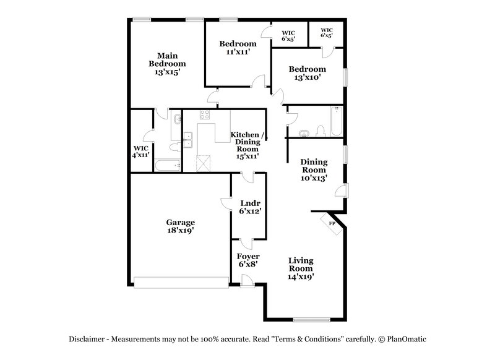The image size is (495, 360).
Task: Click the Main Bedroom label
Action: [167, 64]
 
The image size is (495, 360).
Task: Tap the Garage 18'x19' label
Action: [180, 226]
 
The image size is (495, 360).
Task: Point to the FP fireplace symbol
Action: [331, 223]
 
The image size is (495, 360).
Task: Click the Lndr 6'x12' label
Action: [249, 207]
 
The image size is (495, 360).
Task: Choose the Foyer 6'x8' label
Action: [247, 260]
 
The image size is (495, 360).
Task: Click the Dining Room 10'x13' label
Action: [314, 170]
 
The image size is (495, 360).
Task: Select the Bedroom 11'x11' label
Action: [238, 48]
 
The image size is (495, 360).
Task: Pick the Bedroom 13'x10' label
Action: [308, 73]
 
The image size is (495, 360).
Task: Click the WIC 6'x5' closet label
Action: [288, 35]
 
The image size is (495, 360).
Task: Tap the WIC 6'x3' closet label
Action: [327, 32]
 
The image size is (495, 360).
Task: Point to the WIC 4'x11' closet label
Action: [141, 152]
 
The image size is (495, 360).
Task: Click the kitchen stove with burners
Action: [205, 114]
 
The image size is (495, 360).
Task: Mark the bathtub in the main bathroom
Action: [167, 165]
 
